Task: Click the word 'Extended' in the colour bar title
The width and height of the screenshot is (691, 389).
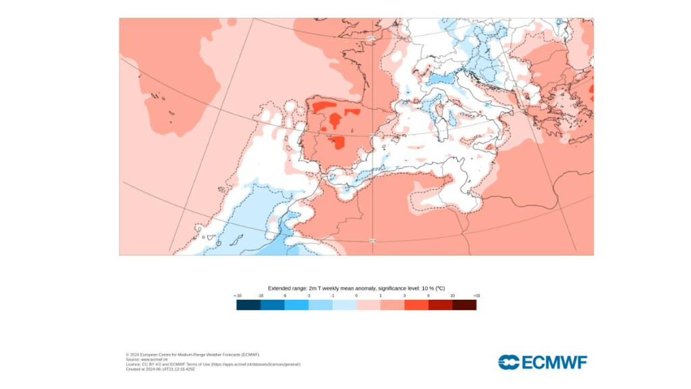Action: [279, 288]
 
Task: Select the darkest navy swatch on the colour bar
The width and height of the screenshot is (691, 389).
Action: [248, 305]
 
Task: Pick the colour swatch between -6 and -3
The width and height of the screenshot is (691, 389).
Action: [296, 305]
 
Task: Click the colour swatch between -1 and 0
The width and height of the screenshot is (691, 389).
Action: [344, 305]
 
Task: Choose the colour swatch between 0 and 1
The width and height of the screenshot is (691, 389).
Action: [368, 305]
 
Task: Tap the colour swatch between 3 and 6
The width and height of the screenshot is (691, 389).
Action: [416, 305]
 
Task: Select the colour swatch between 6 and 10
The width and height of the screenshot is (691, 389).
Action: [440, 305]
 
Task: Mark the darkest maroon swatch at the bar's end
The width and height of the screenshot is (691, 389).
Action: [464, 305]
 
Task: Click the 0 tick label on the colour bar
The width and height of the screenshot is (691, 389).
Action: [356, 296]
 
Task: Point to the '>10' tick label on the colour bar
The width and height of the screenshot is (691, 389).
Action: [476, 296]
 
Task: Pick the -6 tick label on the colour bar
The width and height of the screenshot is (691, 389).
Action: [285, 296]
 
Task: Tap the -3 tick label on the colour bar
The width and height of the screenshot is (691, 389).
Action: [308, 296]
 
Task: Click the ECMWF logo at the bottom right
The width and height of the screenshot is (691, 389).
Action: [543, 362]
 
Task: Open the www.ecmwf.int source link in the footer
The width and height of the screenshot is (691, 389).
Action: [149, 359]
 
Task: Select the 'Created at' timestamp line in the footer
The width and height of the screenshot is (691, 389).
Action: [161, 369]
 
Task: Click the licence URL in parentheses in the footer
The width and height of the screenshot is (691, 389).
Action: [256, 365]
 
